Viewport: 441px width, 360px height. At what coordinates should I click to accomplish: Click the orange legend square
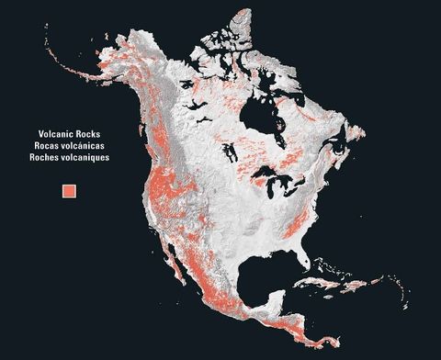coord(70,190)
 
